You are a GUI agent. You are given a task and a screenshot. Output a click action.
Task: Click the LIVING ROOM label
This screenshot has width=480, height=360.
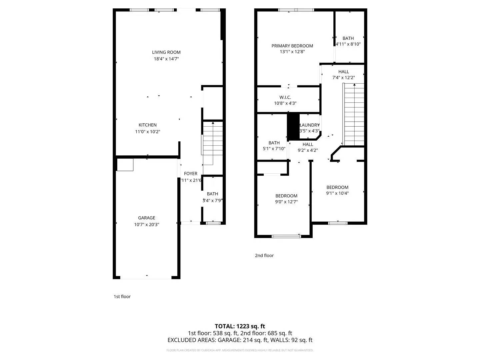[166, 52]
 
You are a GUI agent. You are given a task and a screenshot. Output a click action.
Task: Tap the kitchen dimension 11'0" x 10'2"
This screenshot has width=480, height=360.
[147, 132]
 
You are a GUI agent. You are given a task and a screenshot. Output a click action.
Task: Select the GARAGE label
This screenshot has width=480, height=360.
[146, 218]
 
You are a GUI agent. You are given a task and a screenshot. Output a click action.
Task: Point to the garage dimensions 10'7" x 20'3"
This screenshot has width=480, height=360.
[146, 225]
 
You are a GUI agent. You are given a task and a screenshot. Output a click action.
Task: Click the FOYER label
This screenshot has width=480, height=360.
[190, 174]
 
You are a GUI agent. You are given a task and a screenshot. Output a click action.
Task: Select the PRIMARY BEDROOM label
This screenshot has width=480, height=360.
[292, 46]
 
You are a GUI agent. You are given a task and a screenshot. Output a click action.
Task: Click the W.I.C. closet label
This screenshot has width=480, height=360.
[285, 97]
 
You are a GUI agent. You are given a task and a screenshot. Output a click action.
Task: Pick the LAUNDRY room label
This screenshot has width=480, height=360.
[310, 125]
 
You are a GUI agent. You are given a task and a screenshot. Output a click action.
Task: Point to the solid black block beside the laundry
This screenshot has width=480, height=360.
[293, 127]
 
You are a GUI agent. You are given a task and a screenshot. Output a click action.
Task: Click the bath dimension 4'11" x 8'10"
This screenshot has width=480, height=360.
[348, 44]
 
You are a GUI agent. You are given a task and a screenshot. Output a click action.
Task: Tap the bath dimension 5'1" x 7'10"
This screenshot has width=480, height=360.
[274, 149]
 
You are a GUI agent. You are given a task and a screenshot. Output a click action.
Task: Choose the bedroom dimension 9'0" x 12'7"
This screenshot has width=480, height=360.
[286, 202]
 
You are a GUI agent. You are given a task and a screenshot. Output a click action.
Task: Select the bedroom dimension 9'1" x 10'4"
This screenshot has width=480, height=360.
[337, 193]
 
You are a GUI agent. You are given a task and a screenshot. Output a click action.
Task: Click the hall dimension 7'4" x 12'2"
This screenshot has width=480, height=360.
[343, 78]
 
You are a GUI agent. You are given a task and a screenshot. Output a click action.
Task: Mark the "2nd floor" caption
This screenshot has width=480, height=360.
[264, 256]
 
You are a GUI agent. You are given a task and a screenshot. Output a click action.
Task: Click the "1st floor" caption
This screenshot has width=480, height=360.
[122, 297]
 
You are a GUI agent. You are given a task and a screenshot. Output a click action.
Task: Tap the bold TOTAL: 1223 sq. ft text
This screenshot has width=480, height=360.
[240, 326]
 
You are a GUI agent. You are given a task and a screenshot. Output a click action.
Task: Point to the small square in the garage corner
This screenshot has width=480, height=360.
[125, 165]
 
